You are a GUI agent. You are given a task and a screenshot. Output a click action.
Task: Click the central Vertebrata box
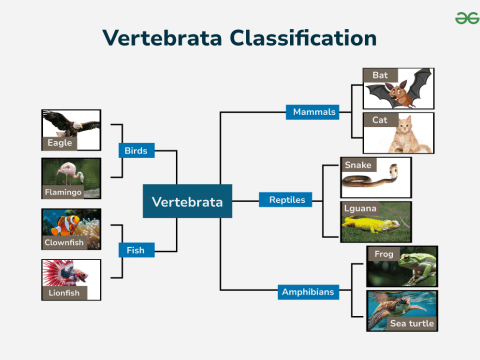(187, 202)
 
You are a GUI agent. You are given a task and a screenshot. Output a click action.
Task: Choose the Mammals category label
(313, 111)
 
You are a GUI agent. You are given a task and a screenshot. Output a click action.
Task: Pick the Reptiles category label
(286, 200)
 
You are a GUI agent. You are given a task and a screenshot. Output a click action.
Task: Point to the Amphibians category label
(308, 292)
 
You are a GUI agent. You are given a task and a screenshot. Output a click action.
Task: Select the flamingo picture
(71, 178)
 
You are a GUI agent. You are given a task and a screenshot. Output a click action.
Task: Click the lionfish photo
(71, 278)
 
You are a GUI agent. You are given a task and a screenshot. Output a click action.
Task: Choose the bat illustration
(399, 90)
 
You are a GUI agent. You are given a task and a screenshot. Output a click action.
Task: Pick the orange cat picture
(399, 133)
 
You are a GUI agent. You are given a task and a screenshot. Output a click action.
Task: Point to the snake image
(376, 179)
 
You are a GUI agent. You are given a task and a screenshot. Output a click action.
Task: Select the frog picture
(402, 267)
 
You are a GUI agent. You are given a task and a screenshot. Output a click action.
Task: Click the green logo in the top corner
(461, 17)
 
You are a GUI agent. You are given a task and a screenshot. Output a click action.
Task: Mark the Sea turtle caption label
(412, 324)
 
